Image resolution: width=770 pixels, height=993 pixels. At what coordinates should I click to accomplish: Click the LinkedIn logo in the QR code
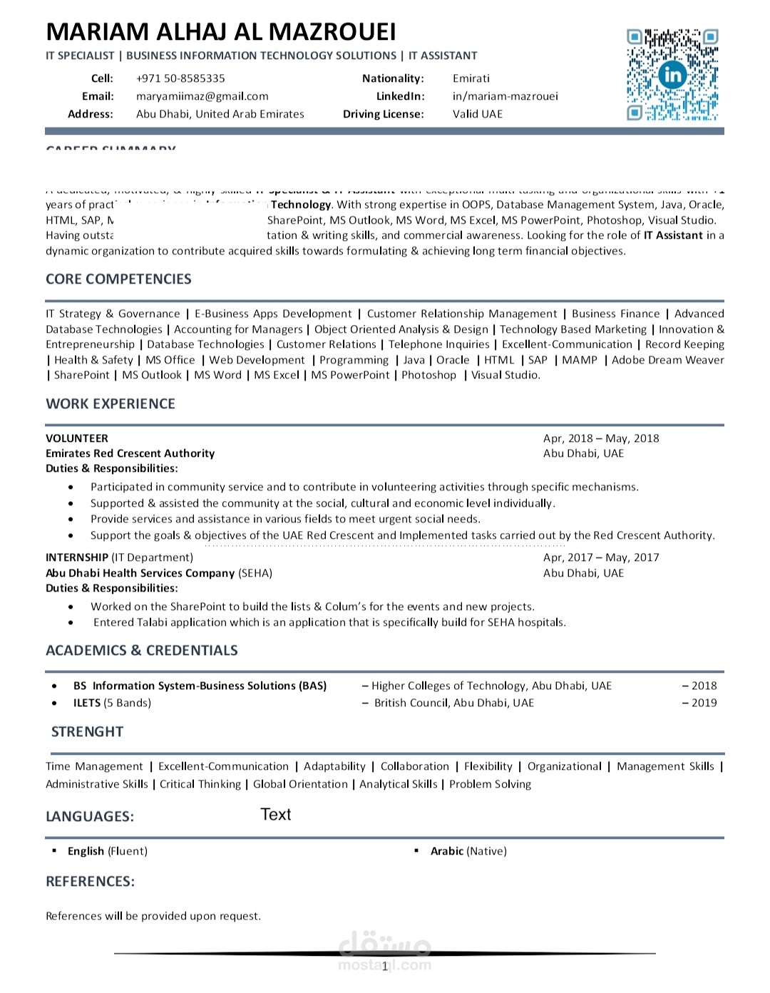point(672,75)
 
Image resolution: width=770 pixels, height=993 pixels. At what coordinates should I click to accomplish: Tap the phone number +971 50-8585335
point(180,78)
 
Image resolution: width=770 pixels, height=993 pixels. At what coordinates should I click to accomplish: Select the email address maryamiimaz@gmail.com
point(202,96)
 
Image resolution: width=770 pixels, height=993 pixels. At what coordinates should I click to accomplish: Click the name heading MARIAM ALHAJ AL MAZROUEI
point(221,32)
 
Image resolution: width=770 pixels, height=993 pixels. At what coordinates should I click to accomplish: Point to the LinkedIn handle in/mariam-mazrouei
point(505,96)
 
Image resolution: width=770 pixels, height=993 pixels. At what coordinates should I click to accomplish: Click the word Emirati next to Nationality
point(471,78)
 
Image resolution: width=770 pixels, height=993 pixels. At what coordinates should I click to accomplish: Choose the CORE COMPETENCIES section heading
point(118,279)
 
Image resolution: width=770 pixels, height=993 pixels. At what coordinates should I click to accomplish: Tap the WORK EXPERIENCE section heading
point(111,404)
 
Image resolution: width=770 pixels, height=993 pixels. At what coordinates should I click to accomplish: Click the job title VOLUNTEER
point(77,438)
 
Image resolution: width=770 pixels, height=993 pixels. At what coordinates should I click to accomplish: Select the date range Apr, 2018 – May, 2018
point(601,438)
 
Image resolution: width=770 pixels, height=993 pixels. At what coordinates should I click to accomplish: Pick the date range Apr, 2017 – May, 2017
point(601,557)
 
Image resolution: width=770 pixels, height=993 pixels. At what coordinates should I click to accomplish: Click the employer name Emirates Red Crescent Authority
point(130,453)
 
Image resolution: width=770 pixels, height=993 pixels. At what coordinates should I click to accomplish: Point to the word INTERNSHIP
point(77,557)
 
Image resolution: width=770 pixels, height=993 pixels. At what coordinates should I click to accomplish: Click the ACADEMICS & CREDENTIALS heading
point(142,651)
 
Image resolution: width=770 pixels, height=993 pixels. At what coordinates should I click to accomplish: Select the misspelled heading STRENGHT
point(87,732)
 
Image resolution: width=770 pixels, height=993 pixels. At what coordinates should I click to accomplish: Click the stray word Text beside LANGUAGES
point(276,815)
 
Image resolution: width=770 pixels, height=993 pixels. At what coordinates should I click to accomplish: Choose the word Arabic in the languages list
point(447,851)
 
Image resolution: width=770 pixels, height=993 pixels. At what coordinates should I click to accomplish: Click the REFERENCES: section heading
point(91,882)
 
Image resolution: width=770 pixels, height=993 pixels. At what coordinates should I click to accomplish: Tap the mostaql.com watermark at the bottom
point(385,955)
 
